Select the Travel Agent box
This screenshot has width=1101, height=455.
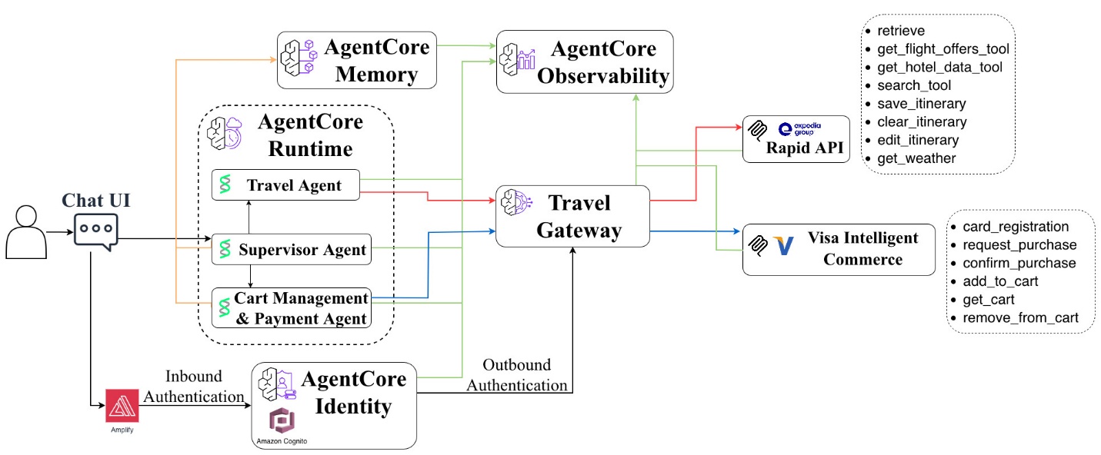[x=286, y=185]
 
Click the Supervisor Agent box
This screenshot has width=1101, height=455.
[x=292, y=249]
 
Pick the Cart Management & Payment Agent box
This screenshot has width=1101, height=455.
[x=292, y=307]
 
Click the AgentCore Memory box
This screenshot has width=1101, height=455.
[x=357, y=60]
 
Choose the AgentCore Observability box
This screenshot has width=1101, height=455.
[x=585, y=62]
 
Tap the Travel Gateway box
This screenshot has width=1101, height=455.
[x=572, y=216]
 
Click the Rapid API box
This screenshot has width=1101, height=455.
[x=796, y=139]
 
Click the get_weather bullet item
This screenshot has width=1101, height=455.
[x=916, y=159]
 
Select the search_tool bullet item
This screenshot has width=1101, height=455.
[x=913, y=85]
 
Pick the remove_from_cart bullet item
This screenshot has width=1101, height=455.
[x=1020, y=318]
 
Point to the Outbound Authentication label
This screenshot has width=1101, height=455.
[x=516, y=374]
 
